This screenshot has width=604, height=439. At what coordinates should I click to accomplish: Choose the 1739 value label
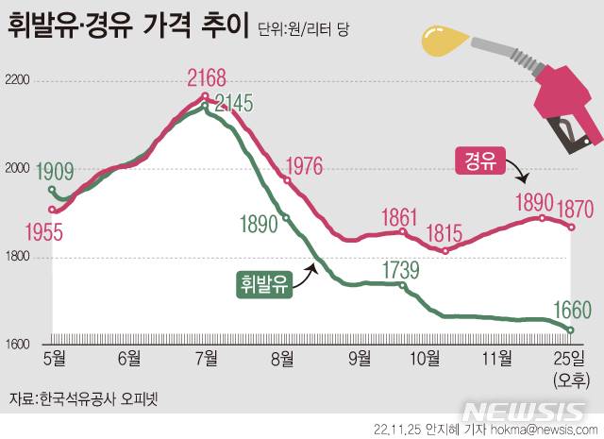coord(399,271)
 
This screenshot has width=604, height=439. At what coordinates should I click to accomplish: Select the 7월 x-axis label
coord(208,358)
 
